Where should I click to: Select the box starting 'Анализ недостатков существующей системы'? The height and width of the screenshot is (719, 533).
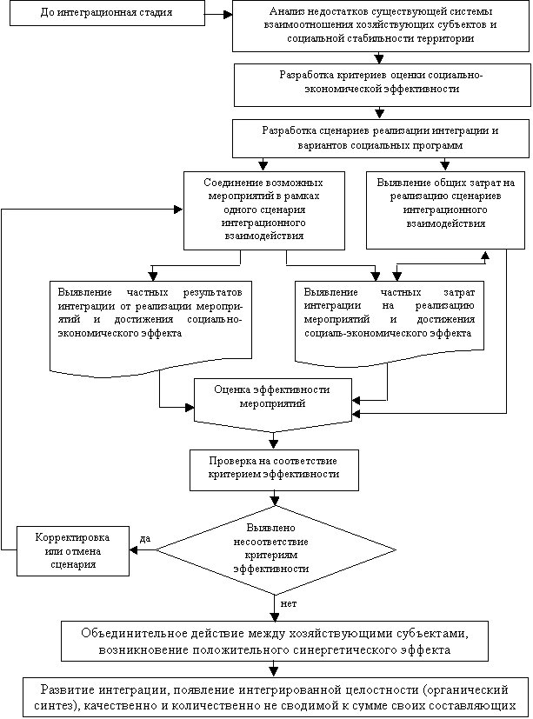tap(378, 27)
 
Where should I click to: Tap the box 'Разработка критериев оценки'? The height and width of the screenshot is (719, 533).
tap(378, 83)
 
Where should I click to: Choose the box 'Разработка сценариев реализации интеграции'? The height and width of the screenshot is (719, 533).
tap(379, 138)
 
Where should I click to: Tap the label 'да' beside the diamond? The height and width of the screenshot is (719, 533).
tap(145, 539)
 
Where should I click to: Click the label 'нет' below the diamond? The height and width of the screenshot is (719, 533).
tap(289, 602)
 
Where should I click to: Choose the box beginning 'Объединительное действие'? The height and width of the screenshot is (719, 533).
tap(274, 641)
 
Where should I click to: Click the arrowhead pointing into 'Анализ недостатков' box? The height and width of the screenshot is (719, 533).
tap(228, 15)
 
